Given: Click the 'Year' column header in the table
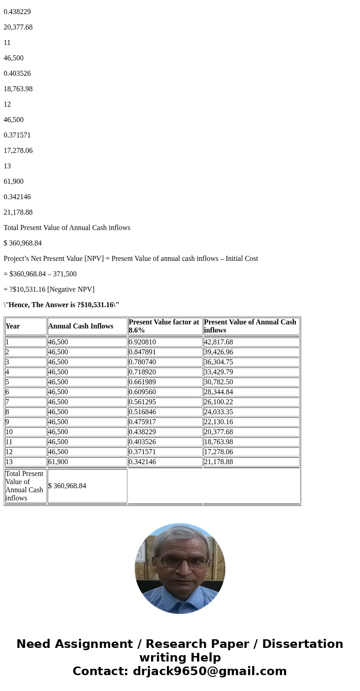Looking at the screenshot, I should [x=13, y=326].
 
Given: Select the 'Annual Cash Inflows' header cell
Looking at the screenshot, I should [x=81, y=326].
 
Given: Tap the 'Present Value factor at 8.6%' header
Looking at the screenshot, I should [x=164, y=326].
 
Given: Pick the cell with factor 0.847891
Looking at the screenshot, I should [x=143, y=352].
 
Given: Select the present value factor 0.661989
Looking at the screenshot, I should [x=143, y=382].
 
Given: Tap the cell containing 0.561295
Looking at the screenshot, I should [x=143, y=402].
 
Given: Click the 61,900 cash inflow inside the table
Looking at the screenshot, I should [x=58, y=462].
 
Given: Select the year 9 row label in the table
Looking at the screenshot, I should [x=7, y=422].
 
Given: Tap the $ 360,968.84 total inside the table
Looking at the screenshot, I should [x=67, y=486].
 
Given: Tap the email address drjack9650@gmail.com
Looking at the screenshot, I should [x=209, y=671].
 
